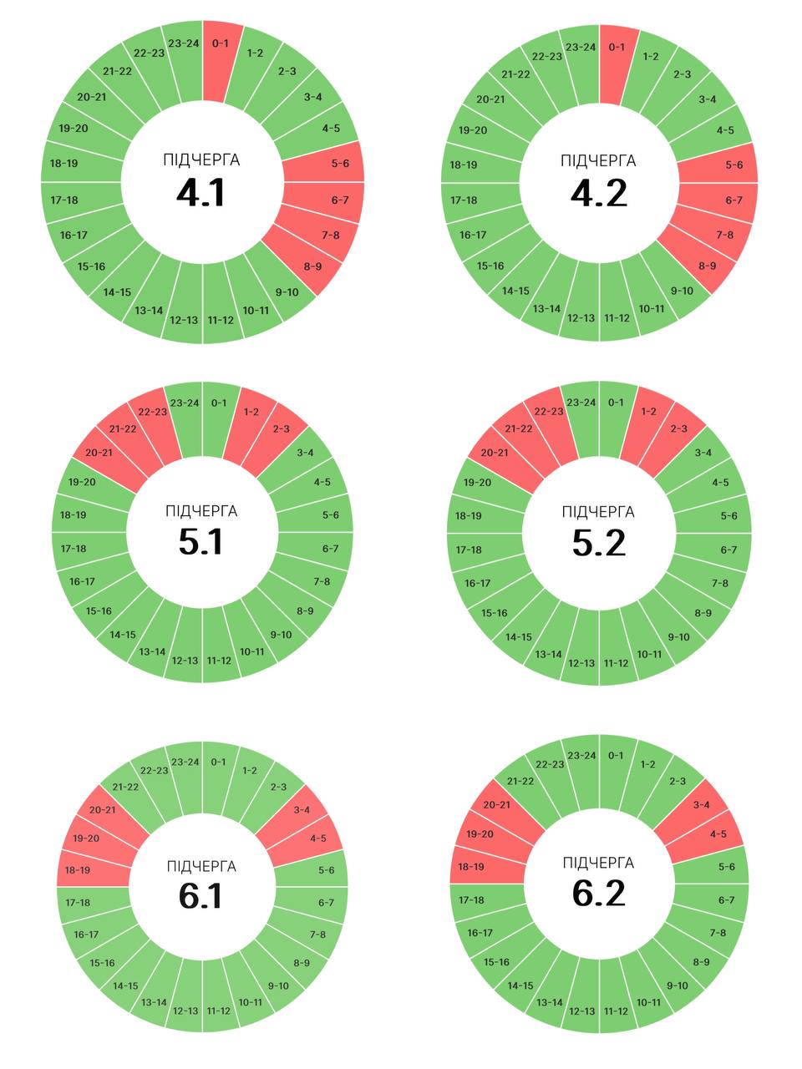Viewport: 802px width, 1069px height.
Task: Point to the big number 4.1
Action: point(201,193)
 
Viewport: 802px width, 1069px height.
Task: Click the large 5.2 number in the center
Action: point(599,544)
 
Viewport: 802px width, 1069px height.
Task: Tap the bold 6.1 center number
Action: point(200,896)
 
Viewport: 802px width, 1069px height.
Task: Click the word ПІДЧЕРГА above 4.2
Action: point(599,160)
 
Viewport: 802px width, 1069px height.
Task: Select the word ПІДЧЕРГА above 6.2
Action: point(599,863)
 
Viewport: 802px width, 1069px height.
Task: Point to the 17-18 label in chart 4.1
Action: point(64,200)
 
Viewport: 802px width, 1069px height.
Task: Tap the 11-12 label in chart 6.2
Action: point(616,1011)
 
